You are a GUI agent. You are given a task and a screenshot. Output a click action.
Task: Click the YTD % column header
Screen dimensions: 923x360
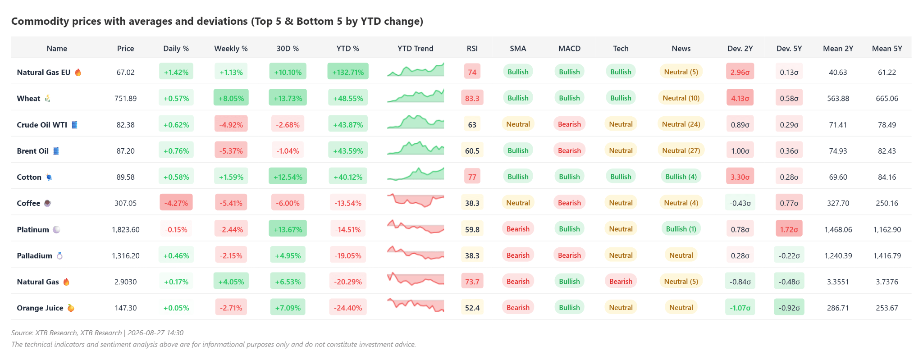tap(347, 48)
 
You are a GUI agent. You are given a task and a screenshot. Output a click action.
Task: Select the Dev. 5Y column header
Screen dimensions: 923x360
tap(789, 48)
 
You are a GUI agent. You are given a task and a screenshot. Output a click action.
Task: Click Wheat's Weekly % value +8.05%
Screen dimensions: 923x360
tap(231, 98)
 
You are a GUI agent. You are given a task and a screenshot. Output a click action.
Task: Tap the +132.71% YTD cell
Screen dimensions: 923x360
tap(348, 72)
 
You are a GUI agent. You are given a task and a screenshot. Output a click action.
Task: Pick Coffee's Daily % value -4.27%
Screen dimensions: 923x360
tap(176, 203)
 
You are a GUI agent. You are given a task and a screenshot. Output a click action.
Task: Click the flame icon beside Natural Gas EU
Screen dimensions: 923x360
tap(78, 72)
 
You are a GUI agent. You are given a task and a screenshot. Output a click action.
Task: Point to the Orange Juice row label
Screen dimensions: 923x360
tap(40, 308)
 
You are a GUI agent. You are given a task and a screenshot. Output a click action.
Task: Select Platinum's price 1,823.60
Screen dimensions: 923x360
tap(126, 229)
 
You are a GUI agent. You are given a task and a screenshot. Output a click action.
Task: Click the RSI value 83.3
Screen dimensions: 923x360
tap(472, 98)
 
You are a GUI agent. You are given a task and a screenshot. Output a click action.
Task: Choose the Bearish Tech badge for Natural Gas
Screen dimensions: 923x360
tap(621, 281)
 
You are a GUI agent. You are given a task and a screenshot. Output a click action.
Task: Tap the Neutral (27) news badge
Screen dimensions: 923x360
tap(681, 150)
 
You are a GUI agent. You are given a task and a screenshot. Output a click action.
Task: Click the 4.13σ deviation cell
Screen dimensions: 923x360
tap(740, 98)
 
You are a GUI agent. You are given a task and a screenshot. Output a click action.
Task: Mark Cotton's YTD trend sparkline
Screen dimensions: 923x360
tap(416, 174)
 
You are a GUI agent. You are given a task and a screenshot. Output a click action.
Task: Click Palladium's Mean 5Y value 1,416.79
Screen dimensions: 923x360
tap(887, 255)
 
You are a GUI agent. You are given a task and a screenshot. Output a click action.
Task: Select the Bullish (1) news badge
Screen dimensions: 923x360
tap(681, 229)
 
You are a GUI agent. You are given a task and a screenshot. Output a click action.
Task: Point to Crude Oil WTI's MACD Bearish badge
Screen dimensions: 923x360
tap(569, 124)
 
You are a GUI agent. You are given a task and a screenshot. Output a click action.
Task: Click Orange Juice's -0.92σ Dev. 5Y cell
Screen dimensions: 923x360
tap(789, 308)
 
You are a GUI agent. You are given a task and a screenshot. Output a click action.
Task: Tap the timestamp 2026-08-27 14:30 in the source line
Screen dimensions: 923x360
tap(155, 333)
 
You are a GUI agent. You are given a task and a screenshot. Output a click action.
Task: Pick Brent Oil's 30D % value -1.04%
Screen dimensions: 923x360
tap(288, 150)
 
